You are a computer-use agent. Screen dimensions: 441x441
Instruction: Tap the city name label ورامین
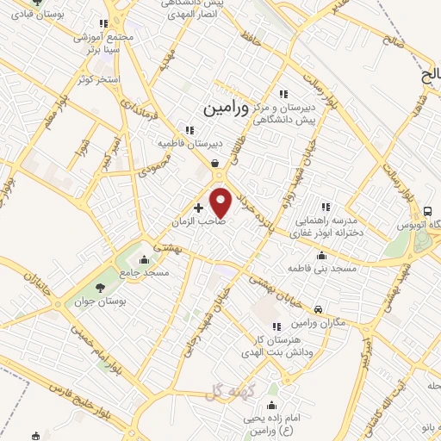click(227, 109)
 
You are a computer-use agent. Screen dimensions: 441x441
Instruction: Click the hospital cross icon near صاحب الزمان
click(199, 208)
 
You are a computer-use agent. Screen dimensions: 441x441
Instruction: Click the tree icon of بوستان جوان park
click(101, 287)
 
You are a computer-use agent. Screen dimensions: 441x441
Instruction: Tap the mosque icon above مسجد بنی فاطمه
click(322, 255)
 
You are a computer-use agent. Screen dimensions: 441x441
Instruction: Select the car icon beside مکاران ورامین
click(319, 309)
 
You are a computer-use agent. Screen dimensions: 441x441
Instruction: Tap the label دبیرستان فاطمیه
click(189, 142)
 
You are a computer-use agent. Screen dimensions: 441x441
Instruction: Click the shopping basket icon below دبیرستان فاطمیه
click(214, 163)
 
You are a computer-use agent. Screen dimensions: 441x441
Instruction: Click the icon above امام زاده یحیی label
click(273, 405)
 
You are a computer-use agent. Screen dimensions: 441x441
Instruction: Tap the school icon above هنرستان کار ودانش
click(276, 326)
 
